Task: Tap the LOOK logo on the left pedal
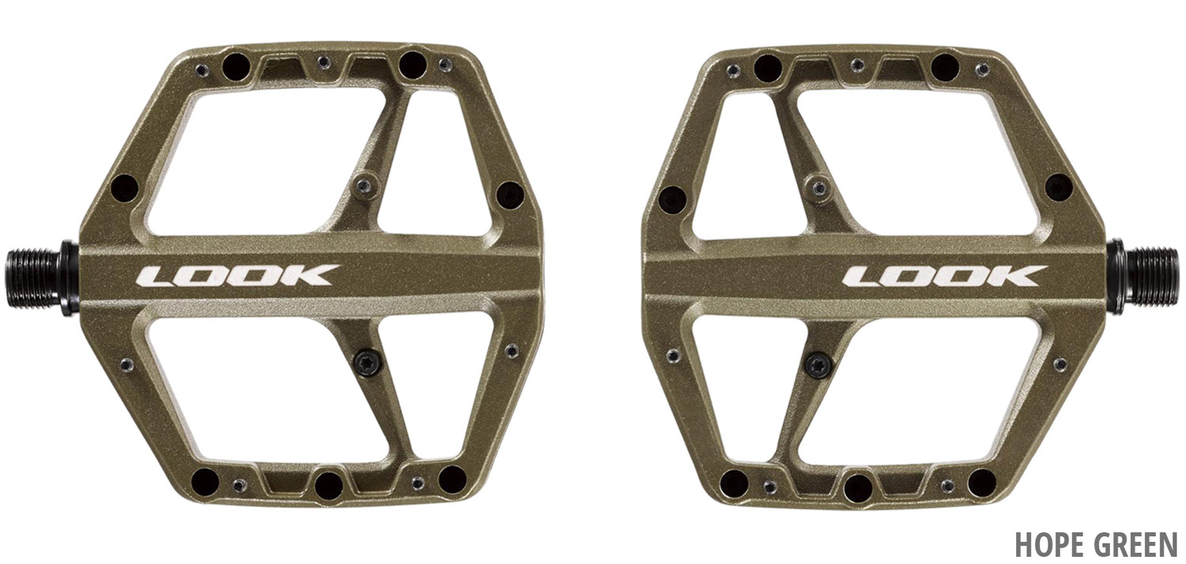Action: click(x=237, y=274)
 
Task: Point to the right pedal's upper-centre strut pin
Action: click(x=819, y=187)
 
